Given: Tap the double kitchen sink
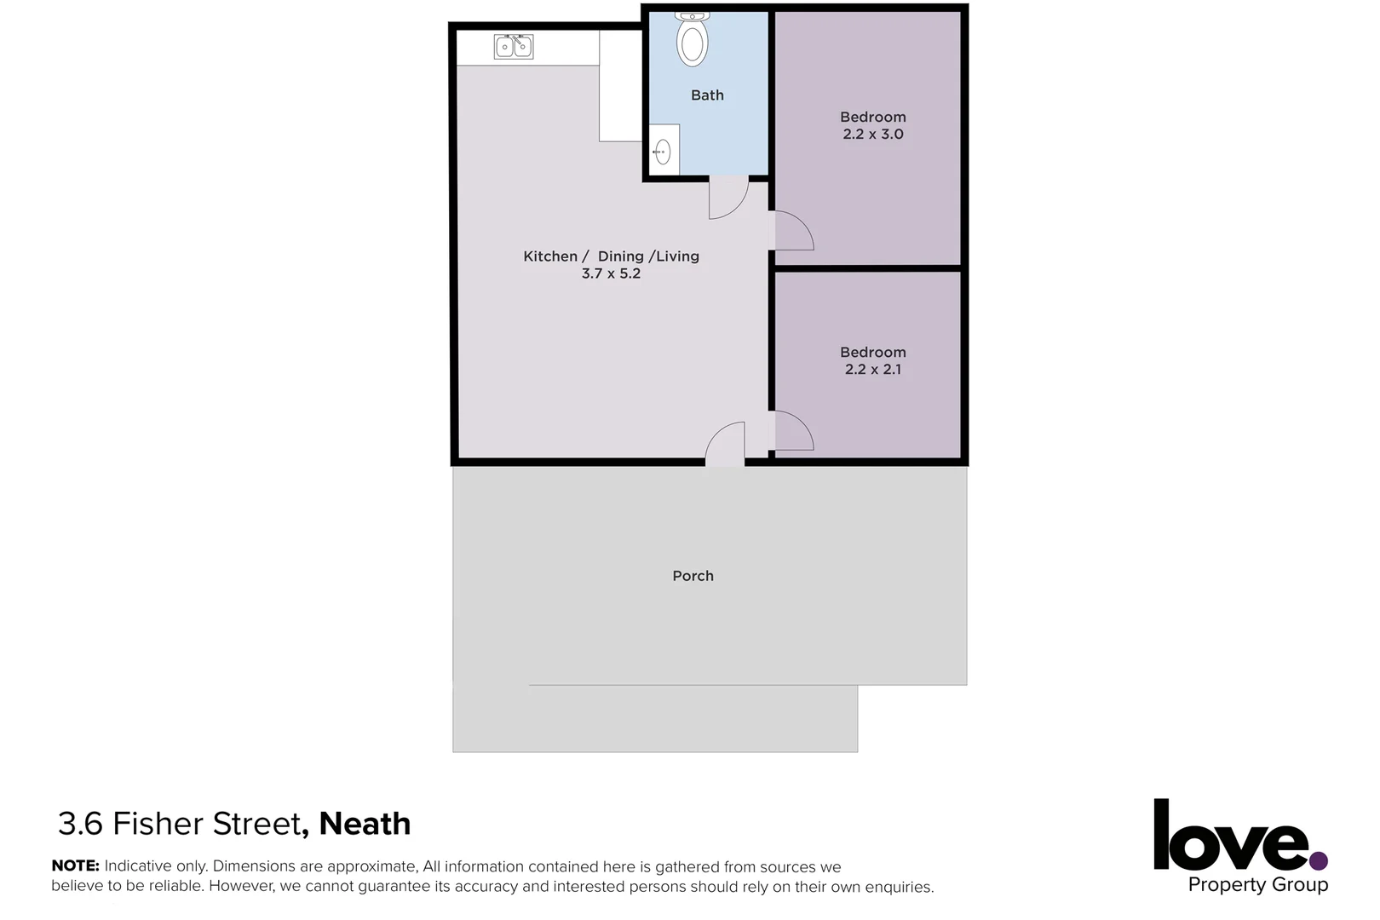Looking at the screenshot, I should pos(514,46).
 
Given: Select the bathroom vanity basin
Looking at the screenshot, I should pos(663,152).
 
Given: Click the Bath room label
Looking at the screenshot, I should pos(707,95).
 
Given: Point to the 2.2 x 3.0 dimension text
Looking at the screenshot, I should pos(872,135).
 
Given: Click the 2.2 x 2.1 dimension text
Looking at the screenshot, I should pos(872,370).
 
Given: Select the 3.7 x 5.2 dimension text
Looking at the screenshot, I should pos(611,274).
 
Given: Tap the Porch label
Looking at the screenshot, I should pos(693,576).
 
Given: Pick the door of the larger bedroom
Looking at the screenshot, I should pos(791,231).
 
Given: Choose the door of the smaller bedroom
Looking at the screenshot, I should pos(791,431).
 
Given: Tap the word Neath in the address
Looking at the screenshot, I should pos(365,824).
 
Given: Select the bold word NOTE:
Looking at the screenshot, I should pos(75,866).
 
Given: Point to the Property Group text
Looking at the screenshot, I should pos(1257,885).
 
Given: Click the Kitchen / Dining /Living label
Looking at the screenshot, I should pos(611,256).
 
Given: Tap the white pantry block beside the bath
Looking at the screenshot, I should pos(620,85).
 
